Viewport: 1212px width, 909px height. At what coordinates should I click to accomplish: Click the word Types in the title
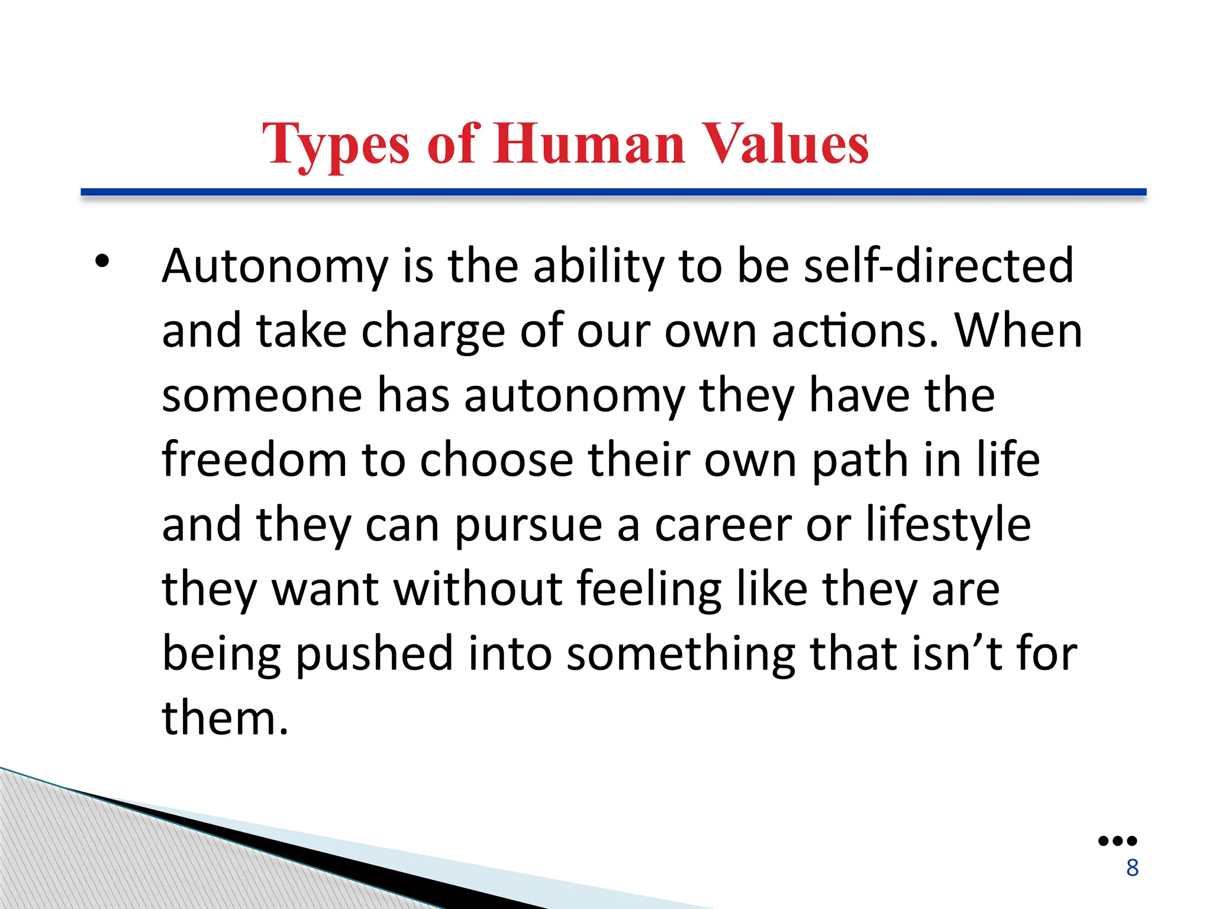coord(336,144)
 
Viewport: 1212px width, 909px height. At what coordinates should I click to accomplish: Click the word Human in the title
coord(589,144)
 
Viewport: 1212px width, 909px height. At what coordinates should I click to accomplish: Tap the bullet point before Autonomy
coord(102,261)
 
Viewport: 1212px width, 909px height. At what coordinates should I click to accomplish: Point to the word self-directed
coord(939,266)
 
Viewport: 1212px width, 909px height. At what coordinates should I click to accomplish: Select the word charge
coord(433,331)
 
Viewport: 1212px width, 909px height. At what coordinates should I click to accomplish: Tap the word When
coord(1018,331)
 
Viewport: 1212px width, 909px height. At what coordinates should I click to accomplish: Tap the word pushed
coord(374,654)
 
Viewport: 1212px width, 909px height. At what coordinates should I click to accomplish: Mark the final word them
coord(225,718)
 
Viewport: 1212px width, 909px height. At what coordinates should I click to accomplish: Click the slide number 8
coord(1132,868)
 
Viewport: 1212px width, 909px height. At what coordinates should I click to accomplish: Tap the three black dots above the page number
coord(1117,841)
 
